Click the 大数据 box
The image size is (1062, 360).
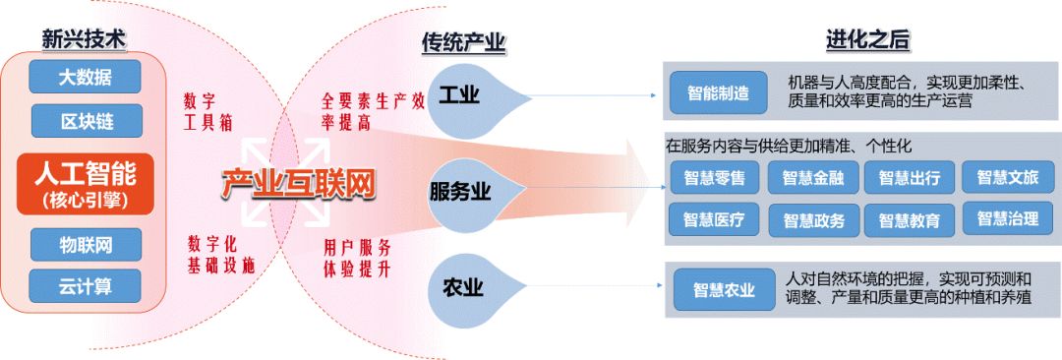pyautogui.click(x=86, y=76)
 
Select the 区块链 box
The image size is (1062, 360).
pyautogui.click(x=86, y=121)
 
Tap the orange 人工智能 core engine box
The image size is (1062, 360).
pyautogui.click(x=86, y=182)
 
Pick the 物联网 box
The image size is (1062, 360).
pyautogui.click(x=86, y=243)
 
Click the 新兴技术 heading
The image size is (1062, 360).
pyautogui.click(x=86, y=38)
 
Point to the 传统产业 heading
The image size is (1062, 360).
pyautogui.click(x=463, y=42)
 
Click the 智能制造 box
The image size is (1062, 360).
pyautogui.click(x=718, y=93)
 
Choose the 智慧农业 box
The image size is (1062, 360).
pyautogui.click(x=724, y=289)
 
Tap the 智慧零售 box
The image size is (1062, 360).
pyautogui.click(x=714, y=178)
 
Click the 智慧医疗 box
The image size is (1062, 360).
pyautogui.click(x=714, y=219)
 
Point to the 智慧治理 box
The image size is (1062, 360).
pyautogui.click(x=1007, y=216)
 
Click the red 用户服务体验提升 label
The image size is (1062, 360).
pyautogui.click(x=357, y=256)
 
